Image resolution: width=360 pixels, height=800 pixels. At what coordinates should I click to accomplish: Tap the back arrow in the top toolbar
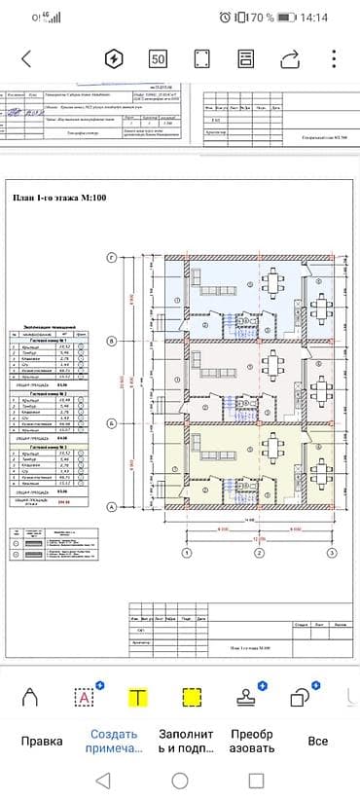tap(26, 58)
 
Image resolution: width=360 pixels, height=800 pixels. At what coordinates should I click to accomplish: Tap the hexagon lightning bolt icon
tap(113, 58)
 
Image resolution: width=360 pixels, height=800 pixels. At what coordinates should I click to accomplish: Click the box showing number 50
tap(158, 58)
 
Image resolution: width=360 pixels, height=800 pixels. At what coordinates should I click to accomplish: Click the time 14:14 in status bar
tap(314, 18)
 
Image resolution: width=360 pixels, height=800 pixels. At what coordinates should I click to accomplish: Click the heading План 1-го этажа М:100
tap(58, 198)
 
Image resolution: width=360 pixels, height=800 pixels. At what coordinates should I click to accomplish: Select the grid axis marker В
tap(112, 341)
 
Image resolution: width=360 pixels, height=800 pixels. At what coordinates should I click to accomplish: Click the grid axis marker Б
tap(112, 423)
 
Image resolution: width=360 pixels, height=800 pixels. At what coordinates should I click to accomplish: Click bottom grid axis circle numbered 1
tap(186, 553)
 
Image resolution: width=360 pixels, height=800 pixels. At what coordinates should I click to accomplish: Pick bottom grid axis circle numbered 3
tap(332, 553)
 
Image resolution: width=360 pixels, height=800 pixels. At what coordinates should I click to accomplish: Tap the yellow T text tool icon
tap(139, 696)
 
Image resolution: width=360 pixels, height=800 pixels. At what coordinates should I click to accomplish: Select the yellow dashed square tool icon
tap(192, 696)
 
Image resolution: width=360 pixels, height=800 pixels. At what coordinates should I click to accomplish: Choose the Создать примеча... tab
tap(114, 742)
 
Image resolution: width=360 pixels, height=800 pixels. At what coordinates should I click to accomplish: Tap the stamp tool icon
tap(246, 695)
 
